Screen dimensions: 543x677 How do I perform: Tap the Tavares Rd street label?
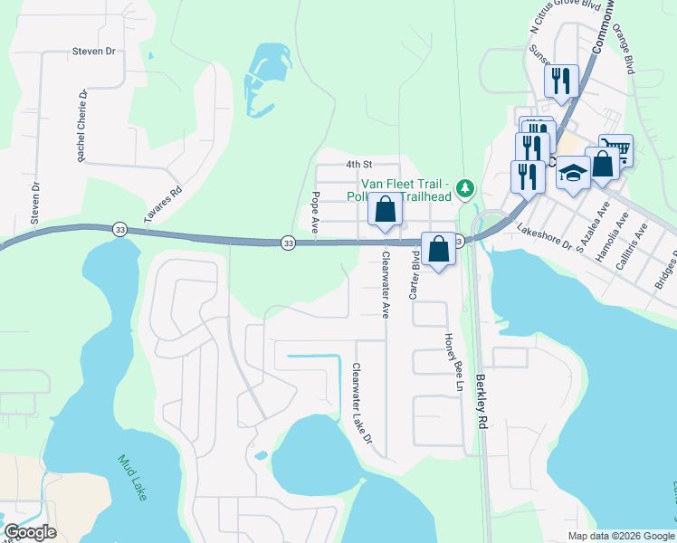click(164, 205)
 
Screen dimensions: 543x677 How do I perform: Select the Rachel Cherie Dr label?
click(81, 127)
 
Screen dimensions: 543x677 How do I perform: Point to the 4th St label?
click(359, 165)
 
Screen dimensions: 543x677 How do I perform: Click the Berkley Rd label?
click(482, 401)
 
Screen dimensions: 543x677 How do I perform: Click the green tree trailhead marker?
click(465, 188)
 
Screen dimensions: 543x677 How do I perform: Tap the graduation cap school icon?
click(573, 171)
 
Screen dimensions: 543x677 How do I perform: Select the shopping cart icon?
click(616, 148)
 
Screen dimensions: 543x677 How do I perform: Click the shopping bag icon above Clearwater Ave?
click(386, 209)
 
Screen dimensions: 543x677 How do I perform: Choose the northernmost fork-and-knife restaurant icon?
click(562, 80)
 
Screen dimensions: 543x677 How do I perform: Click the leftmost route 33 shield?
click(120, 231)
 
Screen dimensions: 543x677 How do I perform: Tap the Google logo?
click(30, 532)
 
